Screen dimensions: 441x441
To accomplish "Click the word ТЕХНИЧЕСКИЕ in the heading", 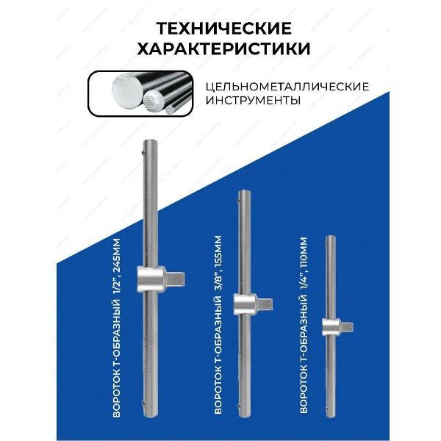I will tap(220, 29).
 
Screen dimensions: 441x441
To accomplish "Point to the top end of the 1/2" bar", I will tap(147, 141).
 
